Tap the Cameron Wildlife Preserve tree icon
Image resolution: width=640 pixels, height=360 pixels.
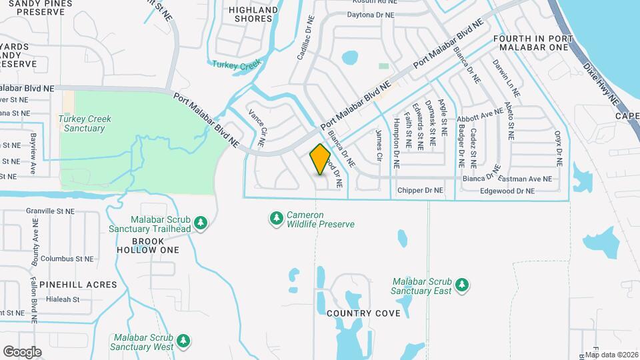pos(276,219)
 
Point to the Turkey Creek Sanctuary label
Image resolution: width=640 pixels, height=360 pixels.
pos(85,123)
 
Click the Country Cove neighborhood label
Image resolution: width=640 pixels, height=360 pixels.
pos(363,313)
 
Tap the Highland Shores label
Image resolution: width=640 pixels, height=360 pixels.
pos(253,14)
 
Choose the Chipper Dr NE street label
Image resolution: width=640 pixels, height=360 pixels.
pos(420,191)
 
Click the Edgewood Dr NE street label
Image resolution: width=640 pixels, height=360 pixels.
pos(507,191)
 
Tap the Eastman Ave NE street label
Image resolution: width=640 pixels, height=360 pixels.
pos(529,179)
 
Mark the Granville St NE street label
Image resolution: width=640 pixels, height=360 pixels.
pos(51,209)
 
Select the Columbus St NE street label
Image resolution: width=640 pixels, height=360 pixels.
pos(66,259)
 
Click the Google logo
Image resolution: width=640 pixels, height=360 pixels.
pos(22,352)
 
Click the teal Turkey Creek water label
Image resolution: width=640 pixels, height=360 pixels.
pos(235,64)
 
